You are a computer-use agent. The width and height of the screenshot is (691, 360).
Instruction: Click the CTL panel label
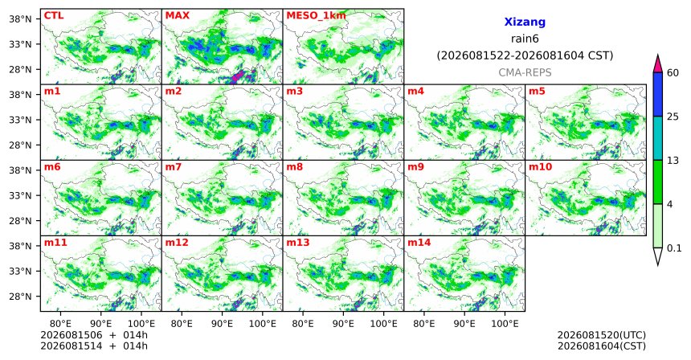click(54, 16)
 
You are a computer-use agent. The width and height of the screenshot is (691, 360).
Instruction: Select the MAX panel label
click(177, 16)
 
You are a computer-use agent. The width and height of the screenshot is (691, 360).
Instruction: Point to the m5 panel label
click(537, 92)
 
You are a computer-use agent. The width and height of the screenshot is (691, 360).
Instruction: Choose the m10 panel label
click(540, 167)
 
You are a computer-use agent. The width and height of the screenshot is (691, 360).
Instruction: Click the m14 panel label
click(419, 243)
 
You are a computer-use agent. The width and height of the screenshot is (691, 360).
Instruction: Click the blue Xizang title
click(525, 22)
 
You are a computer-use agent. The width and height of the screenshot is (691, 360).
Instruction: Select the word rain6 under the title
click(525, 39)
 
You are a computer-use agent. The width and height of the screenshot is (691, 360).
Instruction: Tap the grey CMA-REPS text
click(525, 72)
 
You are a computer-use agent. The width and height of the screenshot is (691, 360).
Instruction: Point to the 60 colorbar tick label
click(673, 73)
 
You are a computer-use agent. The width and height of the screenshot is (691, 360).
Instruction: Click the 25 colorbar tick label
click(673, 117)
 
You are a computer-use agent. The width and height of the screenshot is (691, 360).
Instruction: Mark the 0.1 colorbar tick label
click(674, 248)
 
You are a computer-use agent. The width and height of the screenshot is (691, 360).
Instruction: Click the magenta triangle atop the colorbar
click(658, 64)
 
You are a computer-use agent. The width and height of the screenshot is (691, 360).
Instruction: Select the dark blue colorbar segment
click(658, 94)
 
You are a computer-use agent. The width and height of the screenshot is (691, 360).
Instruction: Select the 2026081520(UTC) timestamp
click(602, 336)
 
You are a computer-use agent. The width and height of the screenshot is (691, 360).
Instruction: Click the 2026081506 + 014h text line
click(94, 336)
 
